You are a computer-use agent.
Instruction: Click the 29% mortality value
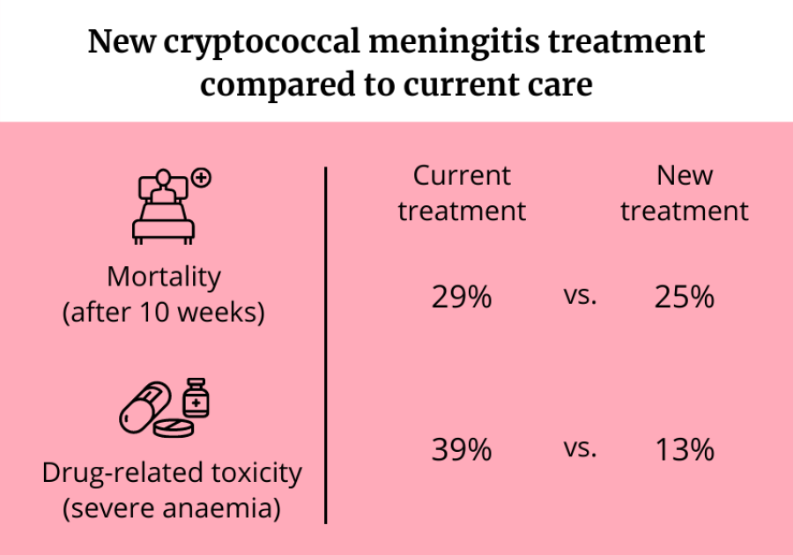pos(461,298)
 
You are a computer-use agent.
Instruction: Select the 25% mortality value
pos(684,298)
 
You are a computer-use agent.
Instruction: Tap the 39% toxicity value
pos(461,450)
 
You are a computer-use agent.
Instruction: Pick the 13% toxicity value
pos(684,450)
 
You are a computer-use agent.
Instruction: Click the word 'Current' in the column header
pos(462,175)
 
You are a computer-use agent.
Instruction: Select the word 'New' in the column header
pos(685,175)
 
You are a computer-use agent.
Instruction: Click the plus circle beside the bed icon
pos(202,179)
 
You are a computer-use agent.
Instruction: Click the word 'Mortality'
pos(163,277)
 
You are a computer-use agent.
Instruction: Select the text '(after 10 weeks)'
pos(163,313)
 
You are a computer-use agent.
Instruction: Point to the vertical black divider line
pos(326,344)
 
